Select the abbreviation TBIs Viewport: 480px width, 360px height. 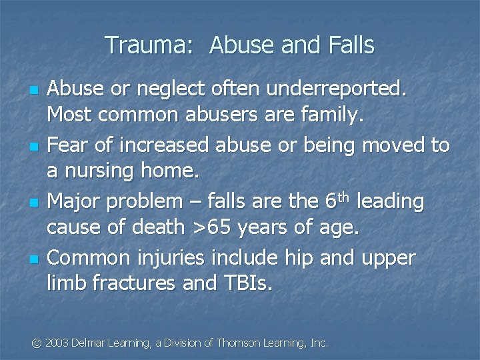pyautogui.click(x=244, y=284)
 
